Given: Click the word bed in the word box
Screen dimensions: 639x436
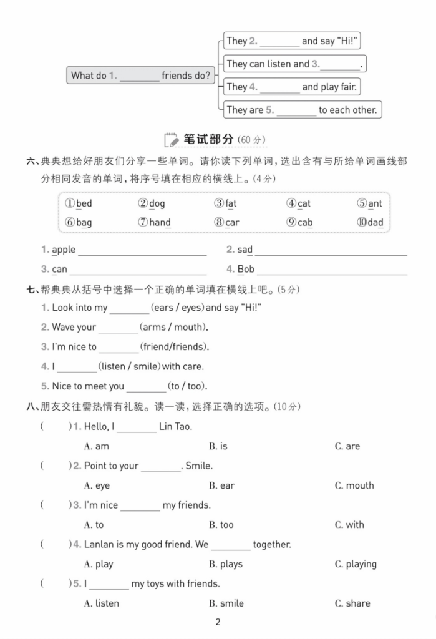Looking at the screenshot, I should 84,203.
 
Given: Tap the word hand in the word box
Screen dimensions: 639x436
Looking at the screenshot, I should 160,222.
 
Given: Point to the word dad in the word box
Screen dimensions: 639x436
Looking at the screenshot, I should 375,222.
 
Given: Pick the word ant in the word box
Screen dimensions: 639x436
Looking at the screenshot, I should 375,203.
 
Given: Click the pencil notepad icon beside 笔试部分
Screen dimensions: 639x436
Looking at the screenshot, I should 170,139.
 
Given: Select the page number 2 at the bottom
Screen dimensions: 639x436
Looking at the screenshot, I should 218,622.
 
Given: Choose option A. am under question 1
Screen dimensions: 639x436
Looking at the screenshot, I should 97,446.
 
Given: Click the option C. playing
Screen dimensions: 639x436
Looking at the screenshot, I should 356,564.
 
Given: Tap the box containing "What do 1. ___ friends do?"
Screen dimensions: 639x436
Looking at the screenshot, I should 140,76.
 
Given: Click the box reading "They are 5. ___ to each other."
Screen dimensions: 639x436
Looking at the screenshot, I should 302,110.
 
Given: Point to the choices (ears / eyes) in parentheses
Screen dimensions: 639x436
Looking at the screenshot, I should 178,308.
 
